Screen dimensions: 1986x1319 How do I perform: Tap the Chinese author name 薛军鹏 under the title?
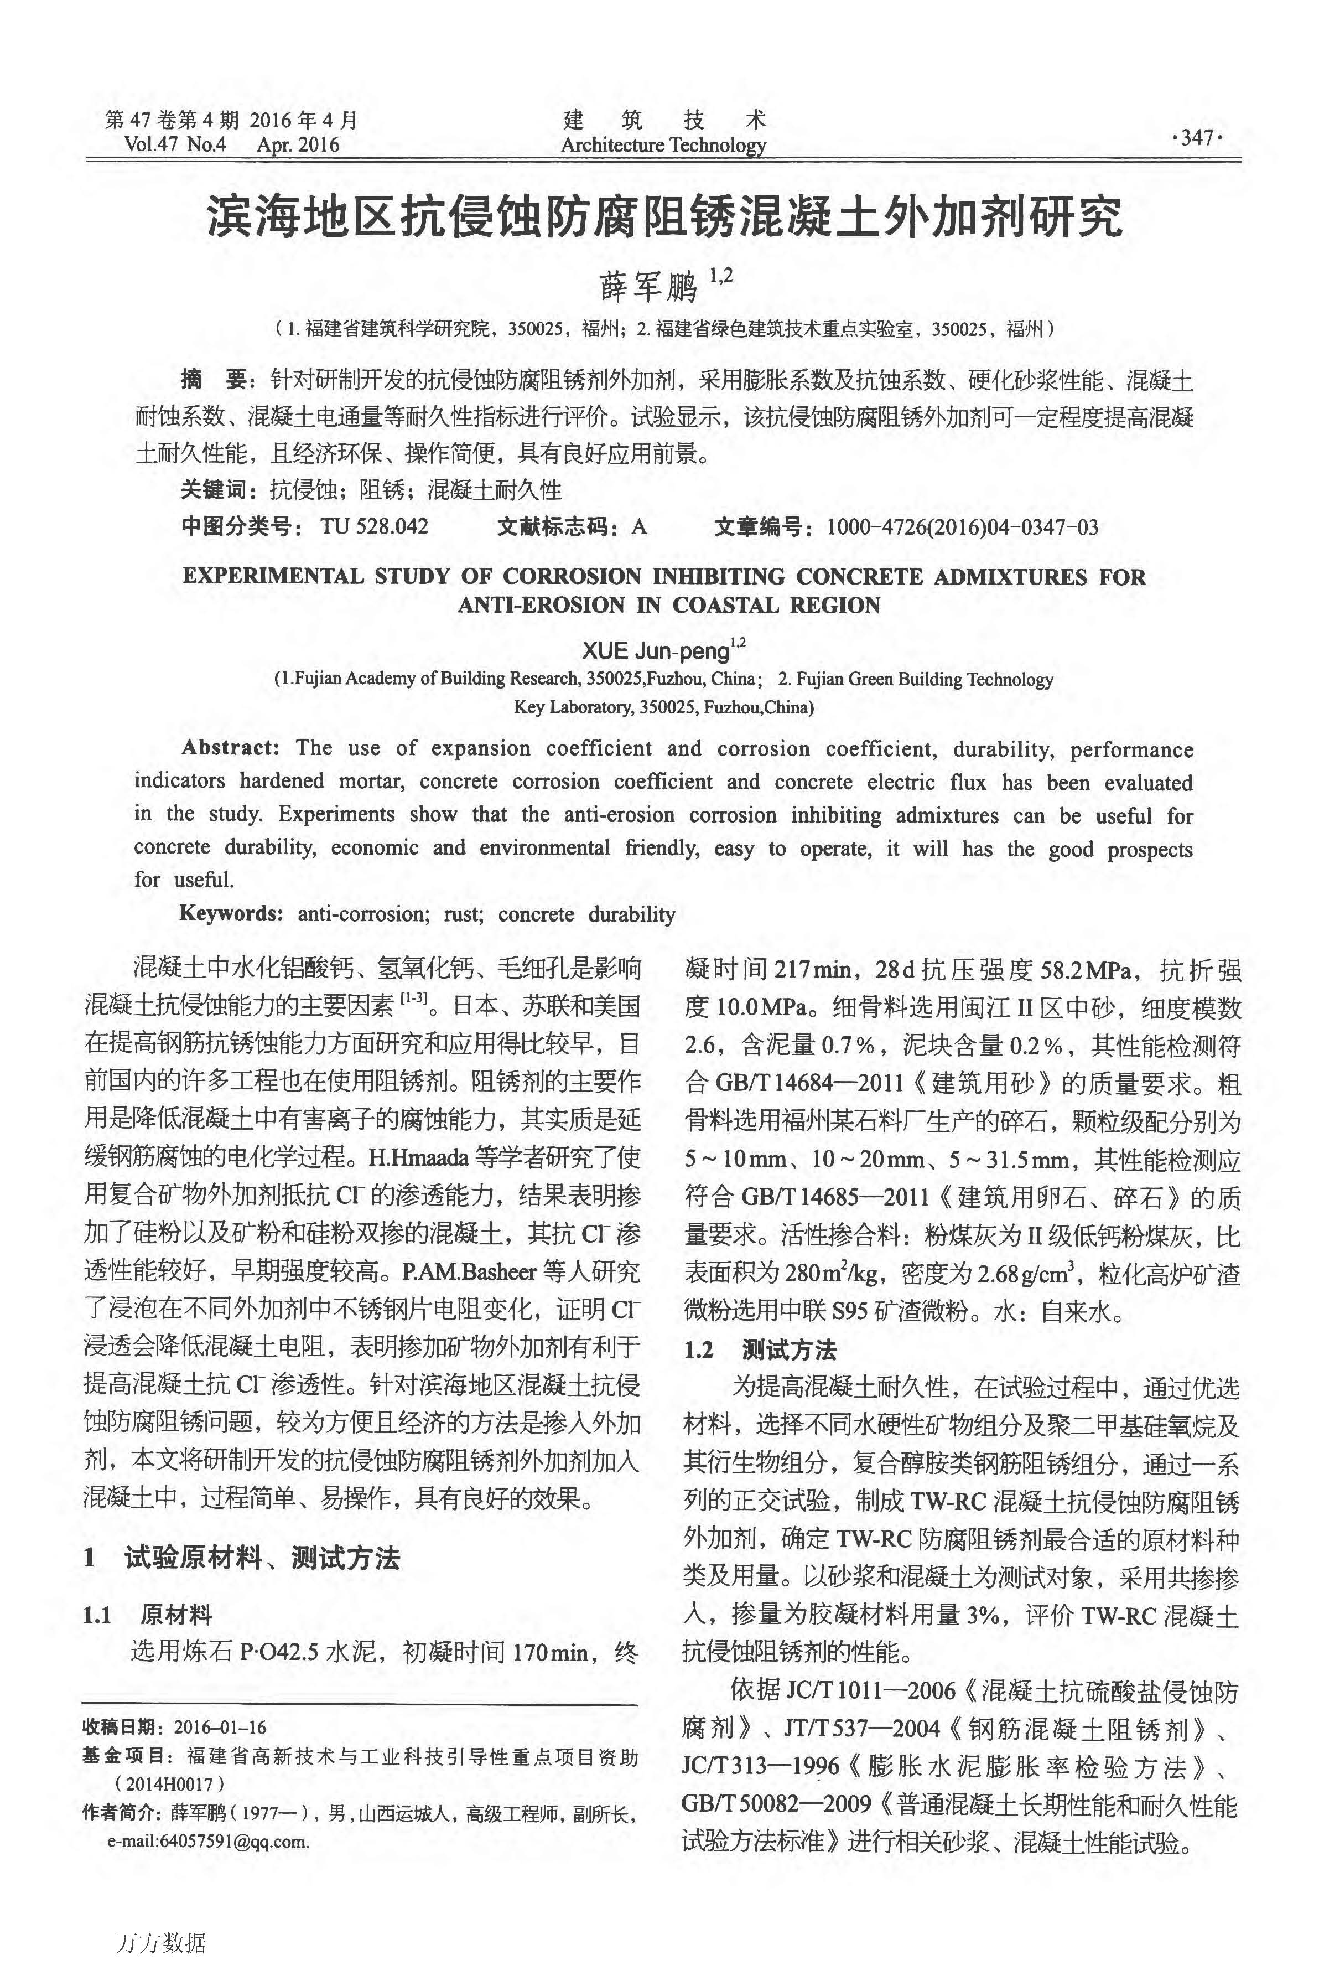648,287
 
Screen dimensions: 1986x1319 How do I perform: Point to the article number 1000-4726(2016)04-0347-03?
962,527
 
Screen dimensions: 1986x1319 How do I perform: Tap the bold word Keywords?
231,914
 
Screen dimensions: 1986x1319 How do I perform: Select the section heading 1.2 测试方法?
760,1350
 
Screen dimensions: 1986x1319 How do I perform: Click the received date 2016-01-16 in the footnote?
220,1728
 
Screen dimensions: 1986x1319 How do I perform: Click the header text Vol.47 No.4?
175,144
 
